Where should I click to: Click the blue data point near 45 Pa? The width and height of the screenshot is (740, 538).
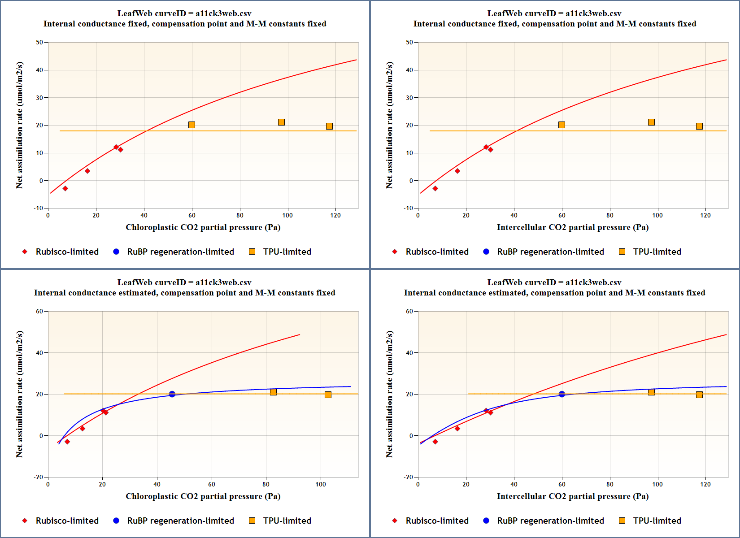point(172,394)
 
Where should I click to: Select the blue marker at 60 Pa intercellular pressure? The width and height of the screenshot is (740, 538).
point(562,394)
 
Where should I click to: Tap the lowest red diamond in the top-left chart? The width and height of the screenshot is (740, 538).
point(65,189)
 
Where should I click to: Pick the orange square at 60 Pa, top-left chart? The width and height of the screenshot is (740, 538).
point(192,125)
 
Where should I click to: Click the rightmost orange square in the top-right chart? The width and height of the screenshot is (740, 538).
point(699,126)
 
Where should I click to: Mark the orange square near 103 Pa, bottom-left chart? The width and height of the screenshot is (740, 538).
point(328,395)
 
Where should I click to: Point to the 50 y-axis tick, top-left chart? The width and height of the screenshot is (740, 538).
point(39,42)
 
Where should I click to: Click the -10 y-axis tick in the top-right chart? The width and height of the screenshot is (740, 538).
point(408,208)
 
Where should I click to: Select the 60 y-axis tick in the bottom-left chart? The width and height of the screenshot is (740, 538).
point(39,311)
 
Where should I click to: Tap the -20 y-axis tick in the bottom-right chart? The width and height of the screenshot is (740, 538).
point(408,477)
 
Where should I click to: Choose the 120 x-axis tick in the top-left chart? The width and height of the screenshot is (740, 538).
point(335,215)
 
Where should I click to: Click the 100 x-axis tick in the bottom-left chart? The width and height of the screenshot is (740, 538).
point(321,484)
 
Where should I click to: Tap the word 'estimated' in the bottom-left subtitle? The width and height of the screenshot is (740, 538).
point(138,293)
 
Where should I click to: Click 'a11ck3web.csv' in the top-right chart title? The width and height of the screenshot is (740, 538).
point(593,13)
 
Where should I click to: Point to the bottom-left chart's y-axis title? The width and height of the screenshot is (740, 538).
point(19,394)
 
